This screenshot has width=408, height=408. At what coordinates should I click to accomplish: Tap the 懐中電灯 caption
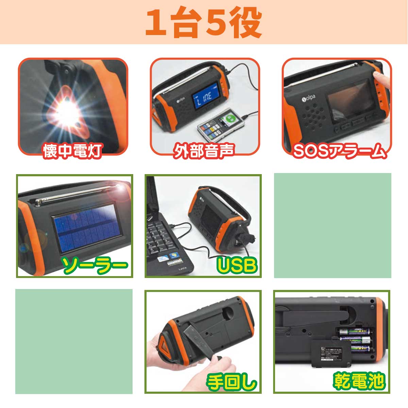coord(72,151)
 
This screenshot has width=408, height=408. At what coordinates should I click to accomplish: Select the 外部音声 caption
coord(204,151)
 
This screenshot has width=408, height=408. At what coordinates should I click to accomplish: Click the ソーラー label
coord(96,265)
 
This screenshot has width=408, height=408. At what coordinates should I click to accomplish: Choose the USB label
coord(237,265)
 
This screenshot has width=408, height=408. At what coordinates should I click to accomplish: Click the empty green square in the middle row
coord(333,225)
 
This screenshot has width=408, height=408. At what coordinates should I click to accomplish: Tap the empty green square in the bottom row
coord(74,342)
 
